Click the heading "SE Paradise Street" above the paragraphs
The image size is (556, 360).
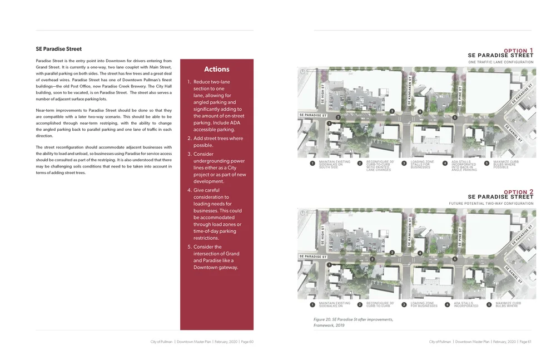pos(59,49)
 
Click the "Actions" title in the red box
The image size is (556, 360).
pos(216,70)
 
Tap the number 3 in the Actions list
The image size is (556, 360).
pos(189,154)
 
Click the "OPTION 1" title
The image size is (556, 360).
pos(518,51)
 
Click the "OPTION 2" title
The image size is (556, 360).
pos(518,192)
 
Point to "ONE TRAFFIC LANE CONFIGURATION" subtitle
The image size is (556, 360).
pos(500,62)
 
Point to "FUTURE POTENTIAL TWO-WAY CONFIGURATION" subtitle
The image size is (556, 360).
pos(491,204)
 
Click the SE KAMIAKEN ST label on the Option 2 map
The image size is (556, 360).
pos(409,232)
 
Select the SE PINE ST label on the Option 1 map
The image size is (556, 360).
pos(460,95)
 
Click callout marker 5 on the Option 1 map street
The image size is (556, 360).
pos(455,117)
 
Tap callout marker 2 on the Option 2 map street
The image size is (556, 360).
pos(373,259)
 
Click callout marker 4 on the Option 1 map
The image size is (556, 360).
pos(420,112)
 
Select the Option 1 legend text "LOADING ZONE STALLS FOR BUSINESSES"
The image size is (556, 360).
pos(421,164)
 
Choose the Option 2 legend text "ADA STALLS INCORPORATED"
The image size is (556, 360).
pos(465,304)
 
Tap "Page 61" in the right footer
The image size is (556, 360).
pos(525,342)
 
